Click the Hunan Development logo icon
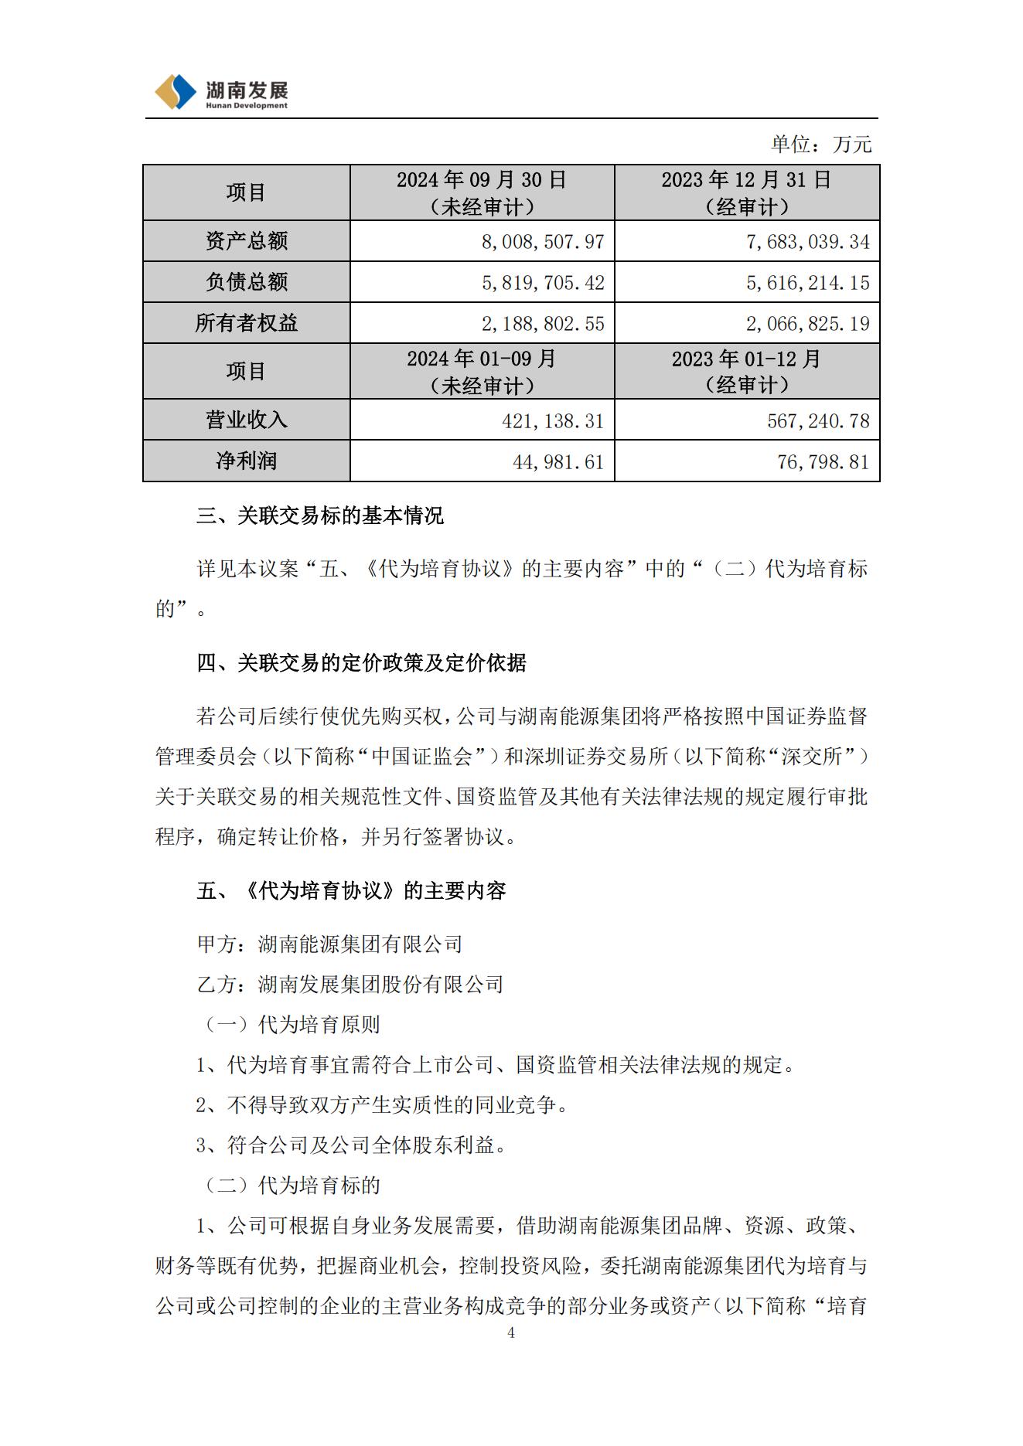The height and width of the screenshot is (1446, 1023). click(176, 92)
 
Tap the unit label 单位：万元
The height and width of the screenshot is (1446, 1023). click(820, 144)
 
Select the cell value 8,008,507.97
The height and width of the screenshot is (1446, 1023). click(542, 242)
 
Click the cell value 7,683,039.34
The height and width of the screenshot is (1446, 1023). click(807, 242)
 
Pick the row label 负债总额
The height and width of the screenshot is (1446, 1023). click(247, 282)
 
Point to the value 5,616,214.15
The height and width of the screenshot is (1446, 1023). click(807, 283)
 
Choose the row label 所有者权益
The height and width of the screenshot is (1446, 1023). click(247, 323)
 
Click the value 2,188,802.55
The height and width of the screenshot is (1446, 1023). click(542, 324)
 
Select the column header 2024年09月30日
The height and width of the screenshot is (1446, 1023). click(482, 180)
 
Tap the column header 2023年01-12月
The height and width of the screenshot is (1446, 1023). click(746, 359)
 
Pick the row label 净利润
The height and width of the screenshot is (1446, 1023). click(247, 461)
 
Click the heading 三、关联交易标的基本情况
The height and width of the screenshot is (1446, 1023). click(320, 515)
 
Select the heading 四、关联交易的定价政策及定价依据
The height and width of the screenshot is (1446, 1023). click(361, 663)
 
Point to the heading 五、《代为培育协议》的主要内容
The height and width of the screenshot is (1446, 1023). click(351, 891)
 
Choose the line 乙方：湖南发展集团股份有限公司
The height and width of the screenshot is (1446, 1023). click(350, 985)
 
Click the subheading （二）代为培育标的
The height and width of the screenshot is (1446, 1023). click(291, 1186)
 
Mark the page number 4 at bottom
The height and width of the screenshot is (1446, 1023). click(511, 1332)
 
